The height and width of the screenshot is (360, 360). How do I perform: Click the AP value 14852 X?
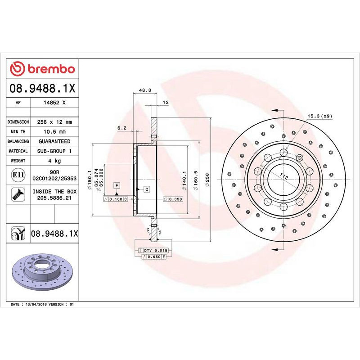click(x=55, y=103)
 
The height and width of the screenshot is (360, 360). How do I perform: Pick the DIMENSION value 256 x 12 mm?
click(x=55, y=122)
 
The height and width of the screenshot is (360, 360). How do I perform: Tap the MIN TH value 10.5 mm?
click(x=55, y=132)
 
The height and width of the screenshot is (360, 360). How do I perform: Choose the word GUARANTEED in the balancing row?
click(x=55, y=141)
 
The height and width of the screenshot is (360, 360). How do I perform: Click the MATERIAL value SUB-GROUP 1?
click(x=55, y=151)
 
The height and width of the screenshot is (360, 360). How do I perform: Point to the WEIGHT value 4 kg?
click(x=55, y=161)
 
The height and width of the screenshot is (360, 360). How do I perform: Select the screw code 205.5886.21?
click(x=55, y=198)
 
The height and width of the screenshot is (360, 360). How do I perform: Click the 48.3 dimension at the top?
click(x=144, y=90)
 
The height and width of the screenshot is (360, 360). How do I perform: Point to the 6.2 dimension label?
click(x=121, y=128)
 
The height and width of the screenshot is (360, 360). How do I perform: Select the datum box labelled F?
click(x=117, y=185)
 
